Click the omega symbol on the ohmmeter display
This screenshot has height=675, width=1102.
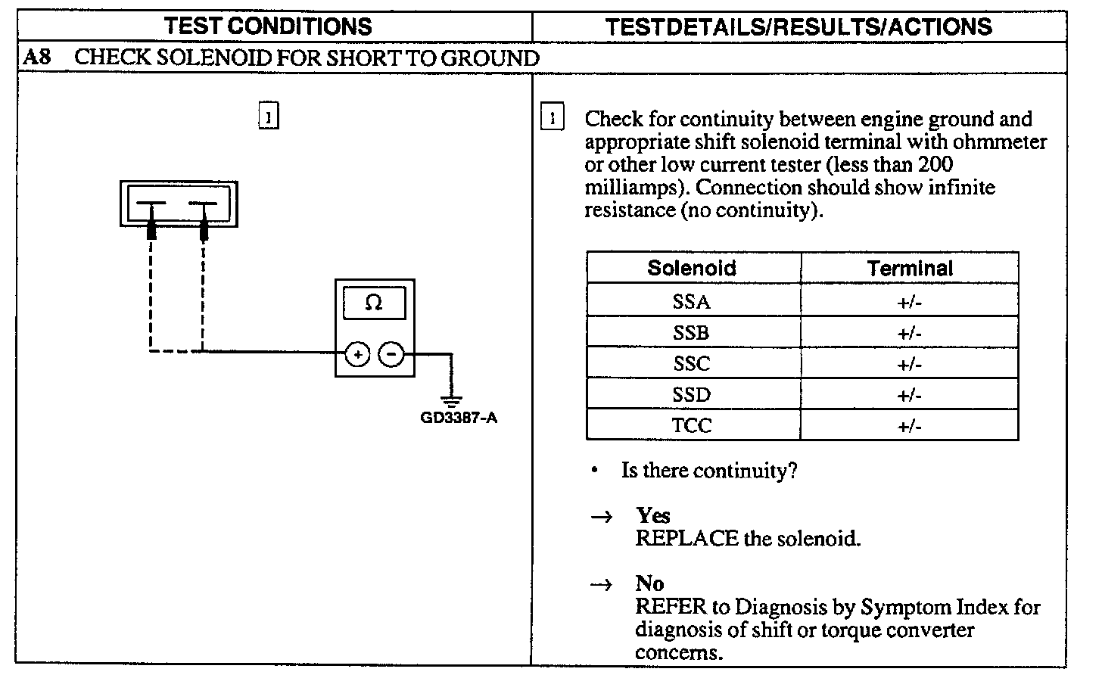point(374,303)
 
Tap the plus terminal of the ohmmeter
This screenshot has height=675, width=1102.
point(357,353)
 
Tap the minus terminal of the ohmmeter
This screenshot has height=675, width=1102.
point(391,353)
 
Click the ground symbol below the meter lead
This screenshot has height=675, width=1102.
point(453,401)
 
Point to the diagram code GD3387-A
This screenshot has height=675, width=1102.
point(459,418)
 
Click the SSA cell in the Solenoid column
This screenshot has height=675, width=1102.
point(692,302)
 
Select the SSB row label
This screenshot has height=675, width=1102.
point(692,333)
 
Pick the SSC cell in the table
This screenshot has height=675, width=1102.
point(692,364)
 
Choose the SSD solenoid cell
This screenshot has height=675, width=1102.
point(692,395)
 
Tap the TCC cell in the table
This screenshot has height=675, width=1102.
point(692,426)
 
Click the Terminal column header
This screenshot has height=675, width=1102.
point(910,269)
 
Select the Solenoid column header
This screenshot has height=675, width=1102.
point(692,269)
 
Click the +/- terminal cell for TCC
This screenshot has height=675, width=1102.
point(910,426)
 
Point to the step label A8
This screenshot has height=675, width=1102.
point(37,58)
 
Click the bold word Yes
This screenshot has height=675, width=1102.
point(653,516)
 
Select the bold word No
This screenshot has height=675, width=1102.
point(649,583)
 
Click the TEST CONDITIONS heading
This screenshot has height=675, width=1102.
point(269,26)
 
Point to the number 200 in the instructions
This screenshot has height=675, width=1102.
point(935,164)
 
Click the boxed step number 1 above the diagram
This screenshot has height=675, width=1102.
point(269,117)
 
